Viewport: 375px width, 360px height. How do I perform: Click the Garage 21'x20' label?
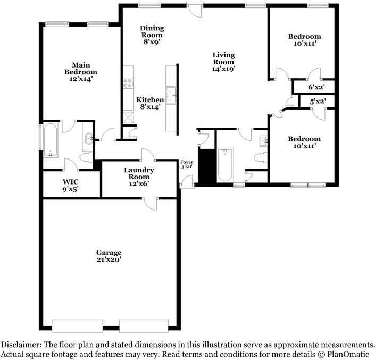109,256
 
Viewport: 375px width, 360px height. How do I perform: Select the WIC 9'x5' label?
71,185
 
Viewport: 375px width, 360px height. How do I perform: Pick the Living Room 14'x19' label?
223,61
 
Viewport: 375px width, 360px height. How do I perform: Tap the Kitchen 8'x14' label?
150,103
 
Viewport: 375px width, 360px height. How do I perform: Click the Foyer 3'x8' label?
186,164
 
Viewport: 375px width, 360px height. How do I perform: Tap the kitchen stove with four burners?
128,83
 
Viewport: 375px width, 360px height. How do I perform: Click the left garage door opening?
77,325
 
